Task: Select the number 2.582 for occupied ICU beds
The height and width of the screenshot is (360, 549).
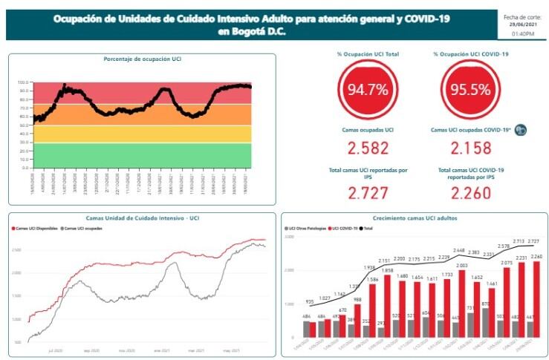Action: coord(368,148)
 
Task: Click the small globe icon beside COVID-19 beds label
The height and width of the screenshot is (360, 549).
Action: coord(521,130)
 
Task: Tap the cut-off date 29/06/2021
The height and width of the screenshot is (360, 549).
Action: coord(524,24)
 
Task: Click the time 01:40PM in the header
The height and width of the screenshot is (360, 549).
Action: coord(524,33)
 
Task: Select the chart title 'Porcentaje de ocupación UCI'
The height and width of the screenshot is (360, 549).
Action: coord(143,58)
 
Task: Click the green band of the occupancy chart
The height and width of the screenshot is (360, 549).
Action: coord(141,154)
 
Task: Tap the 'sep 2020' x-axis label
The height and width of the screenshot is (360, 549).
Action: coord(91,350)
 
